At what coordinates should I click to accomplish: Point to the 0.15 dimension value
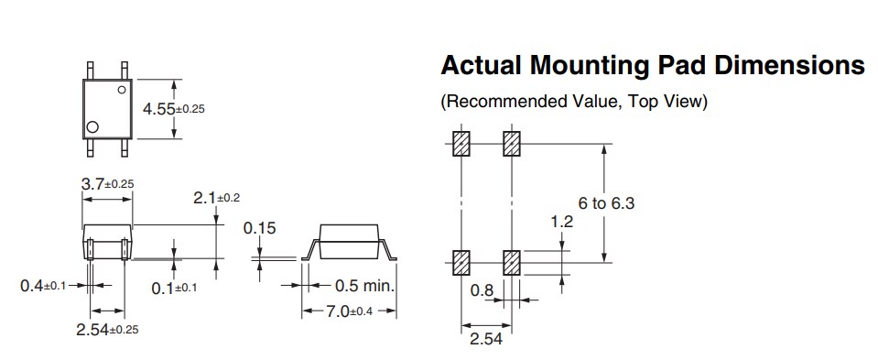[x=259, y=228]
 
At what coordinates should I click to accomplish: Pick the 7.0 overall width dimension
[x=349, y=312]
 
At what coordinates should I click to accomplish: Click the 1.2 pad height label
[x=561, y=221]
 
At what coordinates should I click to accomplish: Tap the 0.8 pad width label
[x=482, y=290]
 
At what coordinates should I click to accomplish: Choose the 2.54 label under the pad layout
[x=485, y=340]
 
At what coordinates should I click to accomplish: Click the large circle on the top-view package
[x=92, y=126]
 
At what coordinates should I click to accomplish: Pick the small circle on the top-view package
[x=121, y=90]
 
